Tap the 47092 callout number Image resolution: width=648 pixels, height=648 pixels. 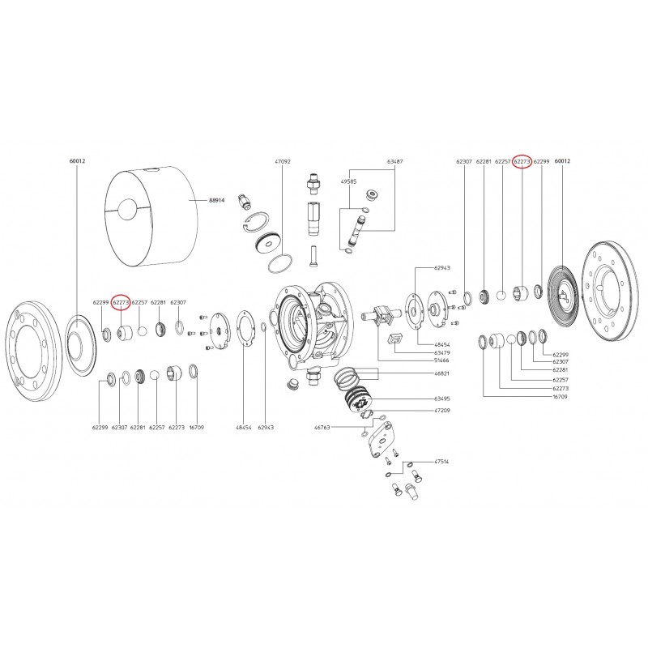[x=282, y=162]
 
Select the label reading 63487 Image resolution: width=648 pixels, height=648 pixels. [x=395, y=162]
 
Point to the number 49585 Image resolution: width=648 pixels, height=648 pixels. [x=348, y=182]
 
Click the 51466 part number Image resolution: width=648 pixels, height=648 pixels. [x=442, y=362]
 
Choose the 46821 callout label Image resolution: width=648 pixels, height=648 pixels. [x=442, y=374]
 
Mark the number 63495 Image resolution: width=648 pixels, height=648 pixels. [x=442, y=399]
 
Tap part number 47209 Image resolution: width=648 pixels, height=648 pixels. [x=442, y=411]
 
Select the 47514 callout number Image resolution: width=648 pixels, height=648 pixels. [x=442, y=461]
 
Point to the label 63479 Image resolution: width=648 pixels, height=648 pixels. [x=442, y=352]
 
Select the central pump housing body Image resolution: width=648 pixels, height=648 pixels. [x=312, y=324]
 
